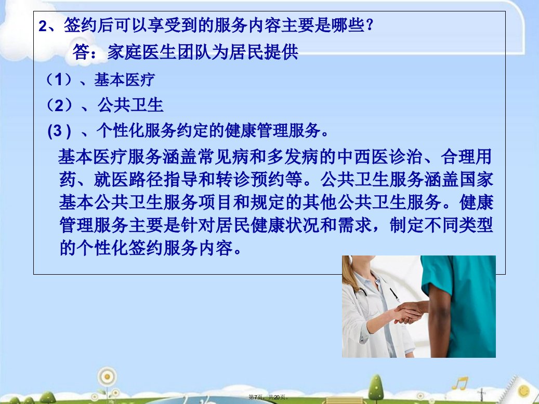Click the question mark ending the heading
tap(370, 25)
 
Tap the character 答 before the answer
tap(81, 52)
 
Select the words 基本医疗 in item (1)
tap(124, 79)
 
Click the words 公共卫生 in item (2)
tap(130, 105)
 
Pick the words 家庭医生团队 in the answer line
tap(159, 52)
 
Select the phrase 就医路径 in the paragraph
tap(128, 180)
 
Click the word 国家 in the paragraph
tap(477, 180)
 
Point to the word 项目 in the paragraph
tap(215, 203)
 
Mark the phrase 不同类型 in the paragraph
tap(459, 225)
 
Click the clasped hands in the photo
tap(409, 312)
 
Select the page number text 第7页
tap(256, 397)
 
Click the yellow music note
tap(460, 383)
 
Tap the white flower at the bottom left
tap(107, 377)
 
